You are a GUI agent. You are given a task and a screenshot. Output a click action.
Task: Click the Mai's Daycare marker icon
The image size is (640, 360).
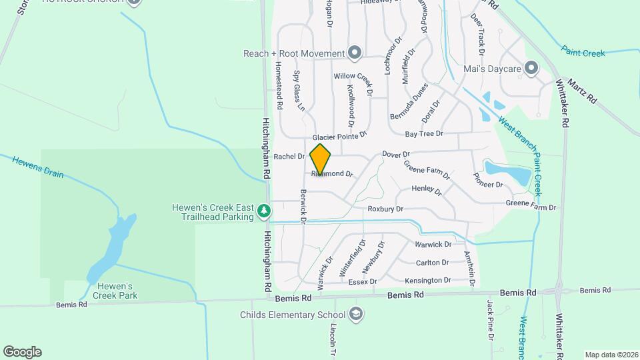pos(531,68)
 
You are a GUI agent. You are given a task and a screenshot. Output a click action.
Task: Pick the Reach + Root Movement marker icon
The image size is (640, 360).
pos(354,53)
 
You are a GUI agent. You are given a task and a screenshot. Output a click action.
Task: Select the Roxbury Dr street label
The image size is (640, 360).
pos(386,209)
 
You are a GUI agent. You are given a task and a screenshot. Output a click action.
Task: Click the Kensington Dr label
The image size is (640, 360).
pos(428,281)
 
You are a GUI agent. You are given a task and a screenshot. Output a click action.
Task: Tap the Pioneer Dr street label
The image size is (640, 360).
pos(487,180)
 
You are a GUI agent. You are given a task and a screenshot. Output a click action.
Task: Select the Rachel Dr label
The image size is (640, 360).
pos(289,157)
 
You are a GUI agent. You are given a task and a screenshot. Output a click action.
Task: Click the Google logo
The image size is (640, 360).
pos(22,352)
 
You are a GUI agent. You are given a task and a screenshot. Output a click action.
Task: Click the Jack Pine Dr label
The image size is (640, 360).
pos(490,319)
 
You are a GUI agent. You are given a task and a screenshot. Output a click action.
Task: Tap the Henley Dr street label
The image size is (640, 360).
pos(427,191)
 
